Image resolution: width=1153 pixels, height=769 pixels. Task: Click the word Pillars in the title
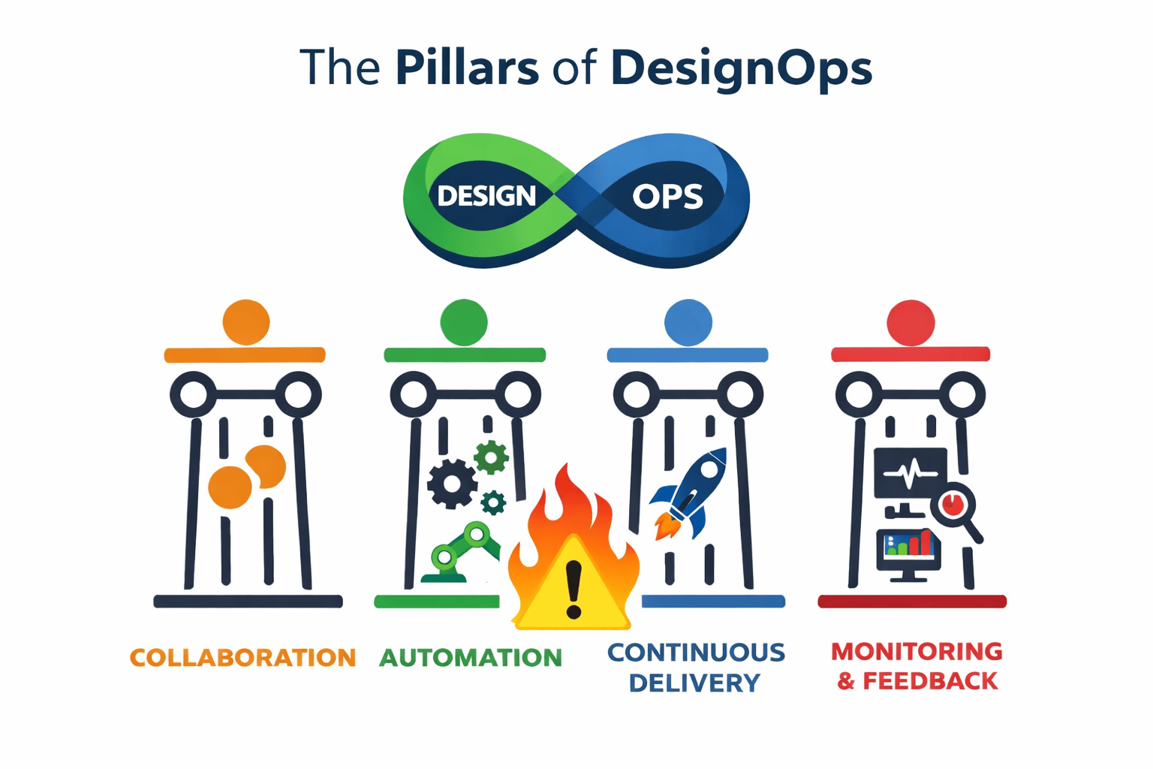466,68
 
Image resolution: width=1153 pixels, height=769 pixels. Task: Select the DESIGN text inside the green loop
486,196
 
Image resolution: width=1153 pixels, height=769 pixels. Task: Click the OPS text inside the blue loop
667,197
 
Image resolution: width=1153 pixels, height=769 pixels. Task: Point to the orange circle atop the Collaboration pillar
245,322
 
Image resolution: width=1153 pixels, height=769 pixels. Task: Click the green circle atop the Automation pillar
463,322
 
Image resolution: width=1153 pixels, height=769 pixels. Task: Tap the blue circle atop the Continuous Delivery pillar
688,322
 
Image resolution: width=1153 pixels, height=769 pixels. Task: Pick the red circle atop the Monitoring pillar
911,322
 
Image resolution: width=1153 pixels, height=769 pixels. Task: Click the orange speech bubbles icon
247,476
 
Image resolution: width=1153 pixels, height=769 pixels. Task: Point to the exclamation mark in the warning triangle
574,590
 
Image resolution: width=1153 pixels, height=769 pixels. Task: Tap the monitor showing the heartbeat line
910,474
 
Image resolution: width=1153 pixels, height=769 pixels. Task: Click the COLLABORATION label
242,658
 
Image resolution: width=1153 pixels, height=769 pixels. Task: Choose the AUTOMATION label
471,658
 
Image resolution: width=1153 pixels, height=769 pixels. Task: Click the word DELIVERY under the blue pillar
694,683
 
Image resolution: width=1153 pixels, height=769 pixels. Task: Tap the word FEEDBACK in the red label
930,682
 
